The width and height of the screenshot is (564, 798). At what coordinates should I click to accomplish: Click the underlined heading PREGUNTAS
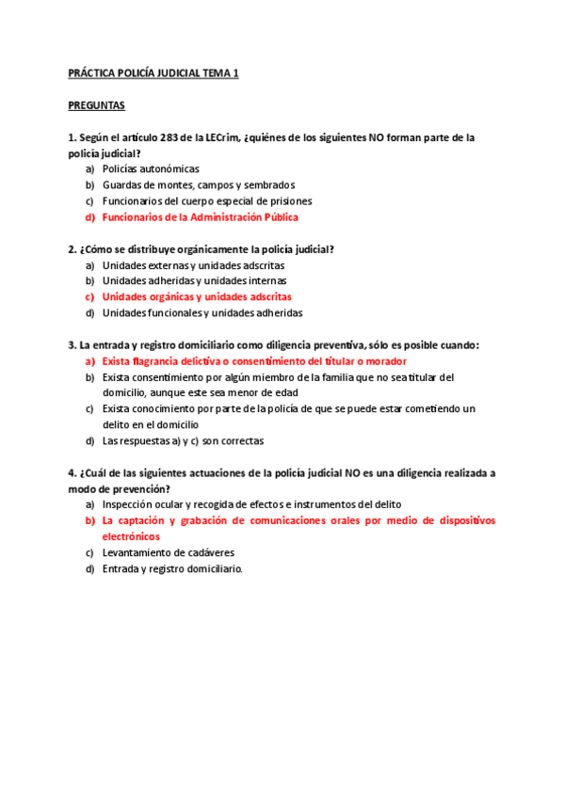(97, 105)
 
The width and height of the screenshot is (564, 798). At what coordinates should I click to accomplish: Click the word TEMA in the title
(214, 72)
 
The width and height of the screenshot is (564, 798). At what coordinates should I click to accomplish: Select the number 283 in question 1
(171, 137)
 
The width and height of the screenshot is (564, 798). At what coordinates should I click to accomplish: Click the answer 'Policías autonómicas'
(151, 169)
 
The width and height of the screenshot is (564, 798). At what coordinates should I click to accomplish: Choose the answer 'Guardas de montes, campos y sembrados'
(198, 185)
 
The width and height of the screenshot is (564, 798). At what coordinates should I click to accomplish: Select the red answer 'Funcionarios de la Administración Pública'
(200, 217)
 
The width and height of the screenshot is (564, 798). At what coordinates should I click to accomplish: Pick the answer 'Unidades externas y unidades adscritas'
(193, 265)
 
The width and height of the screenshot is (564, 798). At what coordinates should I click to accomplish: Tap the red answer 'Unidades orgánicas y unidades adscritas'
(197, 297)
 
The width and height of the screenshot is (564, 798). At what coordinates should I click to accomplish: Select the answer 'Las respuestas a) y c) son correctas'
(183, 440)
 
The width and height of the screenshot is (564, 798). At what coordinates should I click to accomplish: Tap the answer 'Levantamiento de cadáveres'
(169, 552)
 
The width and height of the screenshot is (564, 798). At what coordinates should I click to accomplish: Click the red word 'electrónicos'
(132, 536)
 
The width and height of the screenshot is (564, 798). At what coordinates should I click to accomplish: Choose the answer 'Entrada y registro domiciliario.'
(172, 568)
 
